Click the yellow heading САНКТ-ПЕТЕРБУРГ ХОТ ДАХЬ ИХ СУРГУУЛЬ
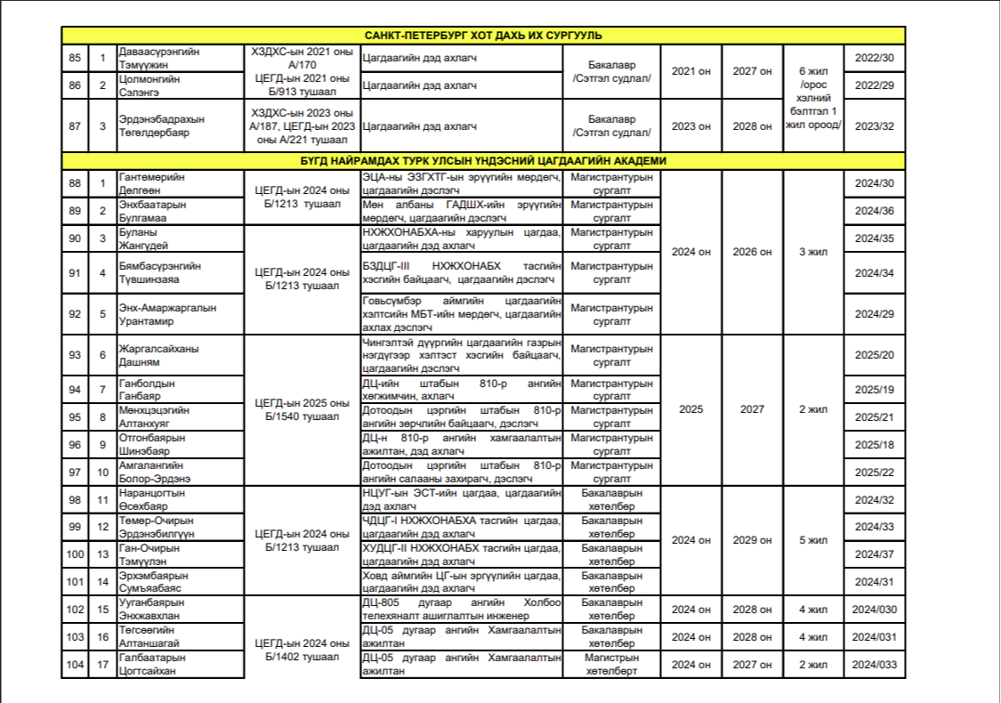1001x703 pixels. (483, 36)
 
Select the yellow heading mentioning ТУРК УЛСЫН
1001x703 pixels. (483, 161)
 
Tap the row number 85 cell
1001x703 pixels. (75, 59)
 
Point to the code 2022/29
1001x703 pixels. (874, 85)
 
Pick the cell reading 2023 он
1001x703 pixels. (691, 125)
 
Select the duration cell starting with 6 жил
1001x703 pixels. (813, 98)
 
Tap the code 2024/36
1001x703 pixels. (874, 211)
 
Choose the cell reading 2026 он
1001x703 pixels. (752, 252)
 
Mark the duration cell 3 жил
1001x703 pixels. (813, 252)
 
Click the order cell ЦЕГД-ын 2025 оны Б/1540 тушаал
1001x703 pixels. (302, 410)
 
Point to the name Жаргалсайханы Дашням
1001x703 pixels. (155, 356)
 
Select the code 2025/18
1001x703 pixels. (874, 445)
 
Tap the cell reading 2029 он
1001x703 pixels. (752, 540)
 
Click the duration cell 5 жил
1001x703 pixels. (813, 540)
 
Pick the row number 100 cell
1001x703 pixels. (75, 554)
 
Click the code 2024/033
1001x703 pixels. (874, 665)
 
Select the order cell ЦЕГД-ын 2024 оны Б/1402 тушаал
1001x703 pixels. (302, 650)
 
